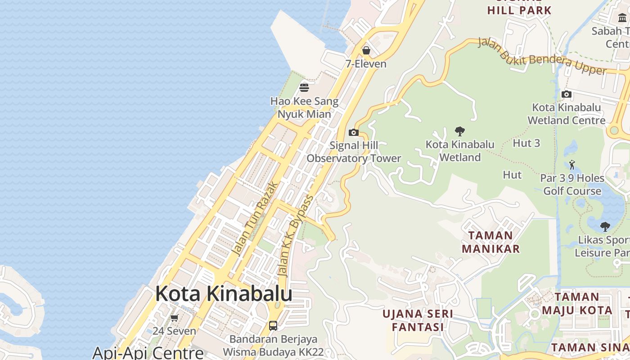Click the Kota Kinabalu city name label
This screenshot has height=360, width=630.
[x=224, y=294]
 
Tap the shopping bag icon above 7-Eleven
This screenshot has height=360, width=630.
[x=366, y=50]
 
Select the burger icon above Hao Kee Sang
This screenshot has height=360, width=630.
[x=304, y=87]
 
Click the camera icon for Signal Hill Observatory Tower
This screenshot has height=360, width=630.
[x=354, y=132]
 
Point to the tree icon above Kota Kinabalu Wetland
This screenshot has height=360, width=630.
[x=459, y=131]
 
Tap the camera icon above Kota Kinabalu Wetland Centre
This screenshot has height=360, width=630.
[x=567, y=94]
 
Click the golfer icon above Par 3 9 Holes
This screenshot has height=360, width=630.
[x=572, y=165]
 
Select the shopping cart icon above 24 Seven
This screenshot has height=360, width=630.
[x=175, y=318]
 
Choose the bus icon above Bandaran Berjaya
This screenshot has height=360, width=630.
[x=273, y=325]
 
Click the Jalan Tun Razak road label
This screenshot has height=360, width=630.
[x=256, y=218]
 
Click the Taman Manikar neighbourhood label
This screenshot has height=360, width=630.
[x=490, y=242]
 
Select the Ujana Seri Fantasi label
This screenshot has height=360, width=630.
[x=418, y=320]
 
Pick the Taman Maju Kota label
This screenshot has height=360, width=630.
[x=577, y=303]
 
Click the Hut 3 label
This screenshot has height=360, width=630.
[x=526, y=143]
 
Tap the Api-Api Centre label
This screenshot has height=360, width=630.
[x=148, y=352]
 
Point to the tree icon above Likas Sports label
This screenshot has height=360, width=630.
[x=605, y=226]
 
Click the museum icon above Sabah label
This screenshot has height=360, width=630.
[x=622, y=18]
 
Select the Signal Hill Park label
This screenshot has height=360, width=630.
[x=519, y=10]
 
